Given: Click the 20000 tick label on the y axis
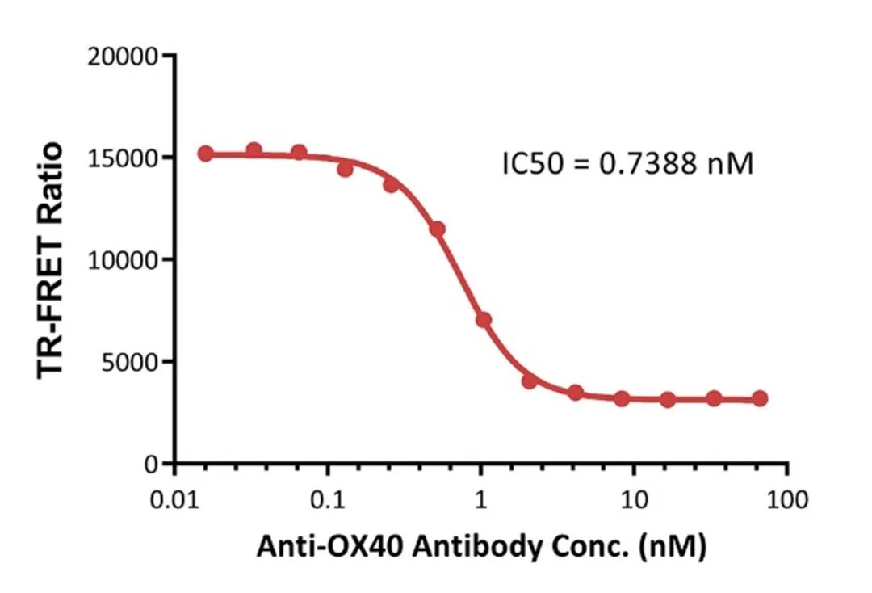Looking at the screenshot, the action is (x=123, y=57).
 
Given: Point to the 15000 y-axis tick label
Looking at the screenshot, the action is (x=123, y=158).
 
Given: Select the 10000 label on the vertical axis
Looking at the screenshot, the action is (x=123, y=260).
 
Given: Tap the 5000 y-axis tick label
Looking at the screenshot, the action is (x=129, y=363).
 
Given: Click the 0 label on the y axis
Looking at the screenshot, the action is (x=151, y=465).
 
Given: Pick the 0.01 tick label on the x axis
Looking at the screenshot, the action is (x=175, y=500).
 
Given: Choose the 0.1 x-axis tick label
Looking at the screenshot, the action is (x=328, y=500).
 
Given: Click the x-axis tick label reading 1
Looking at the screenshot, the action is (x=480, y=500).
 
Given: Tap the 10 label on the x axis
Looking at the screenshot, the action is (x=634, y=500).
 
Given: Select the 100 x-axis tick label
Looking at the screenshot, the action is (x=787, y=500).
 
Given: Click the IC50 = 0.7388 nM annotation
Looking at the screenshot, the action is (x=627, y=163).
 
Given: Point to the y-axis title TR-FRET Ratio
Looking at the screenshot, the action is (x=49, y=260).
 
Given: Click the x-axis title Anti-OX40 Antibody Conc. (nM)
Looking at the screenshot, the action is (x=481, y=547).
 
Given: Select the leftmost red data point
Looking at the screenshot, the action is (x=206, y=154).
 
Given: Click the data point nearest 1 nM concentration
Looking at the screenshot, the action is (x=484, y=320).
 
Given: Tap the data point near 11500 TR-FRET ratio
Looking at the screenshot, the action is (x=437, y=229).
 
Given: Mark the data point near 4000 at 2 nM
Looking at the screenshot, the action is (x=530, y=381).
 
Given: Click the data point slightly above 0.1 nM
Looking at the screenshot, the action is (x=345, y=169).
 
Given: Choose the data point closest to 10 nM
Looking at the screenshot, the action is (x=622, y=398).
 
